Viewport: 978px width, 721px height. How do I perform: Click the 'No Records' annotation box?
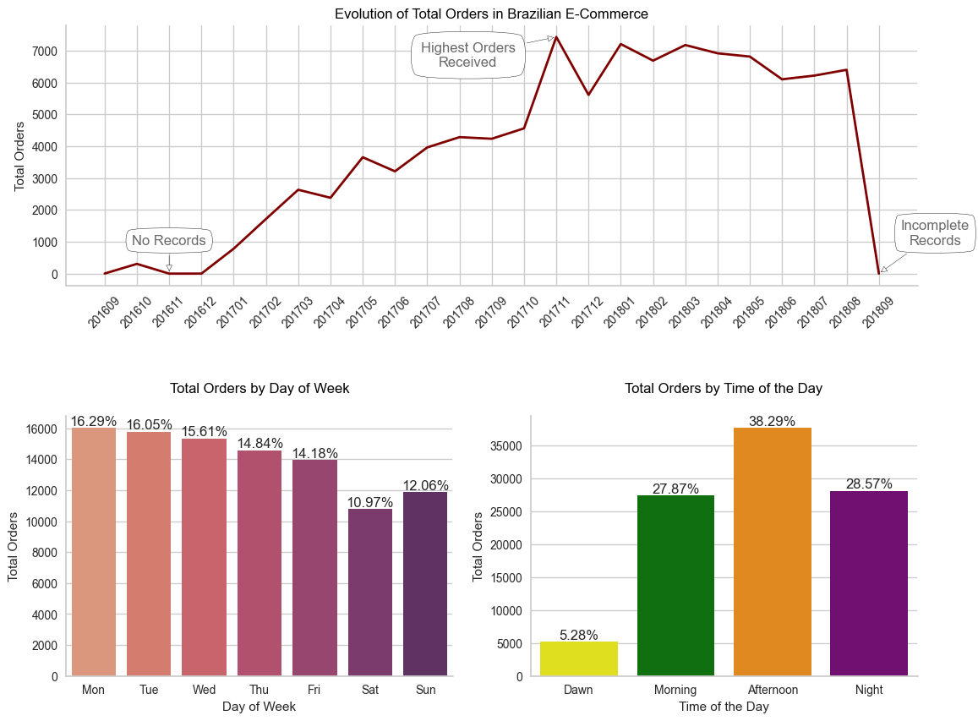[169, 241]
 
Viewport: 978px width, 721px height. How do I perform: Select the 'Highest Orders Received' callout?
[467, 55]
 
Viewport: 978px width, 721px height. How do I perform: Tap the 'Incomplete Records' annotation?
[934, 233]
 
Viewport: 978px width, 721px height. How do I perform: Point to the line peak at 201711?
[555, 37]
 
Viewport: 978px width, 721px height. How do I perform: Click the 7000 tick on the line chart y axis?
[46, 51]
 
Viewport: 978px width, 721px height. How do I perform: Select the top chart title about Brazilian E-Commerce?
[491, 14]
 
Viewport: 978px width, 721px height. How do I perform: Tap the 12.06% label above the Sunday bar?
[426, 486]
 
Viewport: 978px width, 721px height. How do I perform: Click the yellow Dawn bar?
[579, 658]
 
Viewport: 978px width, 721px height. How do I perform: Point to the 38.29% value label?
[772, 421]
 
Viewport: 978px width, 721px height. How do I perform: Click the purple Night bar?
[869, 583]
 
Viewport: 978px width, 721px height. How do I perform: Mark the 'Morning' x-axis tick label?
[675, 690]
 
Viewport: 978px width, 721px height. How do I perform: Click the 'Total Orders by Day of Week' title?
[260, 389]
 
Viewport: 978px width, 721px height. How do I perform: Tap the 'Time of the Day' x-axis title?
[724, 707]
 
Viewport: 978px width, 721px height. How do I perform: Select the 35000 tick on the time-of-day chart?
[505, 446]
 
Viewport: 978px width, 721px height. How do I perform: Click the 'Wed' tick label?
[204, 690]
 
